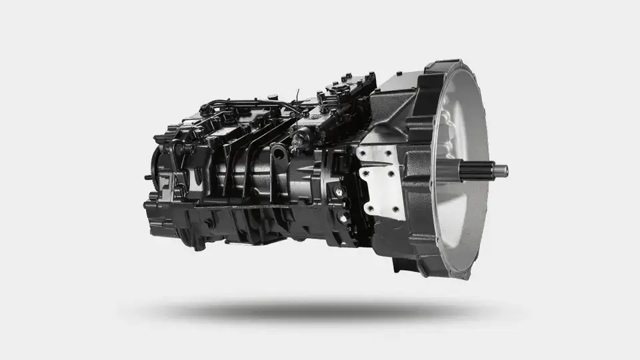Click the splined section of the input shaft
coord(476,171)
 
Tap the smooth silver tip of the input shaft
coord(501,171)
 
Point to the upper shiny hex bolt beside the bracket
coord(339,192)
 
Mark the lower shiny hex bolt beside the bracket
coord(343,217)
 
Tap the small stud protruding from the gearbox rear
coord(147,177)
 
